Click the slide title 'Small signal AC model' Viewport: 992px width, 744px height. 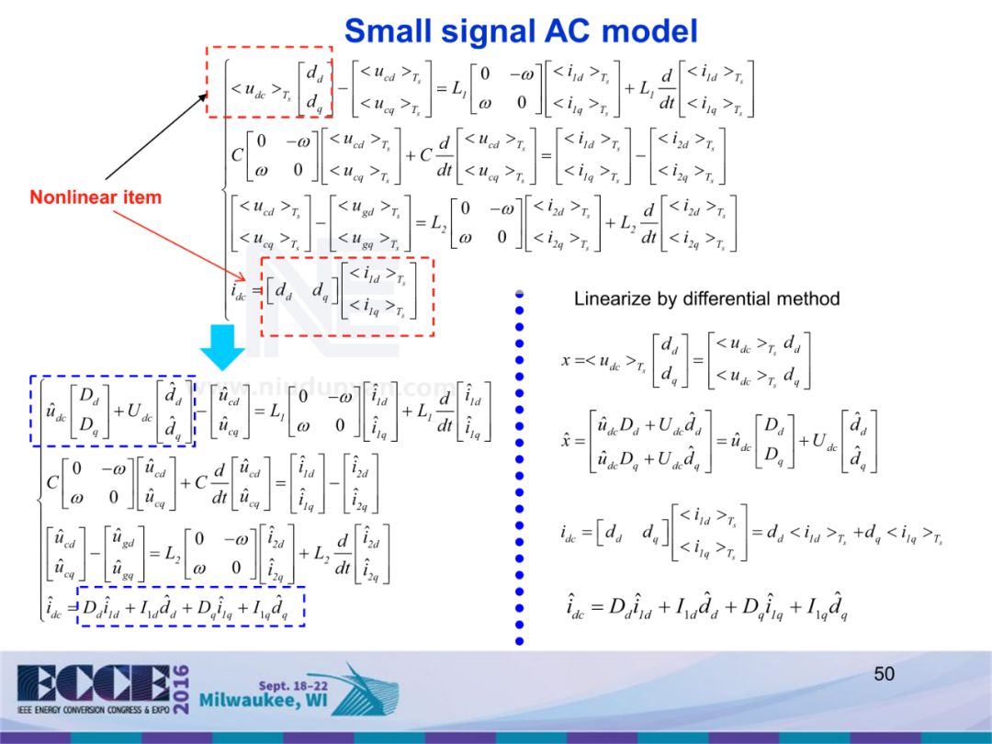(521, 30)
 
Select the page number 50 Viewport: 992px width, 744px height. (884, 674)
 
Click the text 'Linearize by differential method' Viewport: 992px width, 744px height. (706, 299)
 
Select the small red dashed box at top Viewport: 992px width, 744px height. (268, 82)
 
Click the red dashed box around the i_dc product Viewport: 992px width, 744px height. (347, 296)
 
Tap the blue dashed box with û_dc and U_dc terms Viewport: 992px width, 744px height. (113, 411)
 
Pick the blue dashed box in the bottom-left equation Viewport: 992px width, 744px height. (190, 606)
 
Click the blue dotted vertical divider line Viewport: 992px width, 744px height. (519, 468)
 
